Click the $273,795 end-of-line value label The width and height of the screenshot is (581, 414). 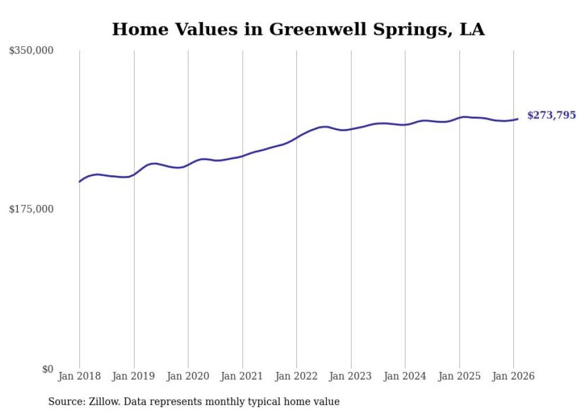(x=551, y=115)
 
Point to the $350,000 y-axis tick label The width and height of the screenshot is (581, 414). (x=31, y=51)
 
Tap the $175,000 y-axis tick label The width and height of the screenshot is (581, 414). (x=31, y=209)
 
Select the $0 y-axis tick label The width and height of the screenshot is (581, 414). (x=47, y=369)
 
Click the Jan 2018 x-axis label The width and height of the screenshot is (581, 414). (x=79, y=376)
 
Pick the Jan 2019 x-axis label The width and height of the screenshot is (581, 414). (x=134, y=376)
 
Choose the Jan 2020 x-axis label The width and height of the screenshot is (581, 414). (x=188, y=376)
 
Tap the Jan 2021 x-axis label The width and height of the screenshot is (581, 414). (x=242, y=376)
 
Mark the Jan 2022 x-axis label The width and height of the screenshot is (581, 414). (x=296, y=376)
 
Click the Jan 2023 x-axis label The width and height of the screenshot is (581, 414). (x=351, y=376)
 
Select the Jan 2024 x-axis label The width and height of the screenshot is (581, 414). (x=405, y=376)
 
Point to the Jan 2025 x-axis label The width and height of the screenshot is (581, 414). (x=459, y=376)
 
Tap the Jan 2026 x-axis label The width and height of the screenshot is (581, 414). (x=513, y=376)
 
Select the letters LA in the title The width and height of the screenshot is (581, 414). (x=472, y=29)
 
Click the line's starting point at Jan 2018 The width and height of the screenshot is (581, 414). (x=79, y=181)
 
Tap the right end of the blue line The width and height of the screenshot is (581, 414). (x=518, y=119)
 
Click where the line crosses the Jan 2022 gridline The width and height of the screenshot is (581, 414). (x=296, y=137)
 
